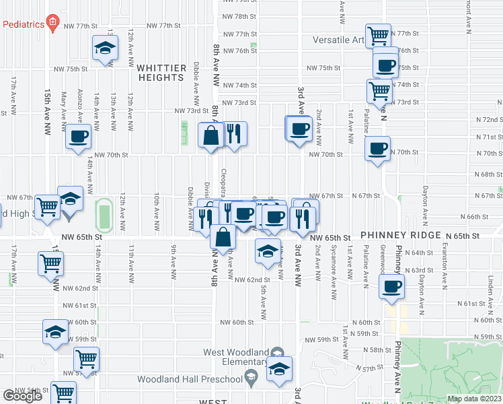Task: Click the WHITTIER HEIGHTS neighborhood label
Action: click(160, 73)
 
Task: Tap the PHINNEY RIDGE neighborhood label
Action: click(401, 236)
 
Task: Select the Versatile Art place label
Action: click(339, 40)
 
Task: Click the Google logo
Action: click(22, 396)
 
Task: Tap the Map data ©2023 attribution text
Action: click(474, 399)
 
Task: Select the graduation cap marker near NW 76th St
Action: click(105, 48)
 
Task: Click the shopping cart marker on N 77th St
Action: click(379, 35)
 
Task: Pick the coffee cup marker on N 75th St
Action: click(385, 65)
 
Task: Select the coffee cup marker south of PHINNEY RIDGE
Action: click(391, 286)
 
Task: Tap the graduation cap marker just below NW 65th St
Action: click(268, 250)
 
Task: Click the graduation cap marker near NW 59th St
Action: click(55, 332)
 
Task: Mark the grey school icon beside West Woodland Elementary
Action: click(277, 353)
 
